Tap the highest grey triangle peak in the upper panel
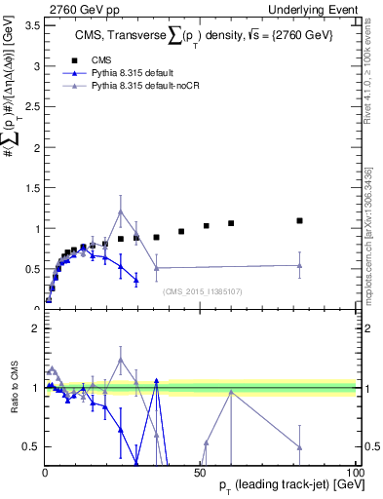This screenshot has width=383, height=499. pyautogui.click(x=121, y=211)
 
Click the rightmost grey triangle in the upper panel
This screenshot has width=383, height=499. pyautogui.click(x=300, y=265)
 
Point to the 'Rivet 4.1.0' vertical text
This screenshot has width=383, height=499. pyautogui.click(x=374, y=68)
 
